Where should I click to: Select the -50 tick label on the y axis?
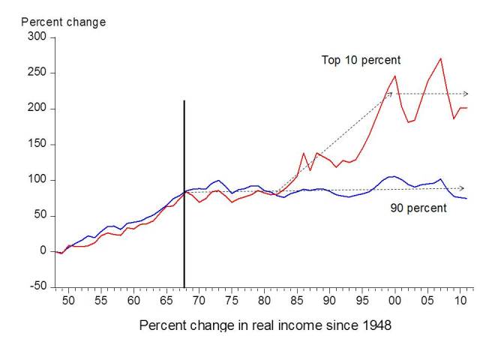(x=35, y=286)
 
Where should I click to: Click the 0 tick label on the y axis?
(x=43, y=251)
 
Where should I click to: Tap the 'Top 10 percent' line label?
(x=361, y=60)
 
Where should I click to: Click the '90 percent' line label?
(x=418, y=208)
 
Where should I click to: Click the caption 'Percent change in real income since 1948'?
(x=265, y=326)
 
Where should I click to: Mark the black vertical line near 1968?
(x=184, y=187)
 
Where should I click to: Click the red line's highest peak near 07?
(x=441, y=58)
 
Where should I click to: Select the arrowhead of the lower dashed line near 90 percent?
(x=462, y=188)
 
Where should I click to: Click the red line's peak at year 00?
(x=395, y=76)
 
